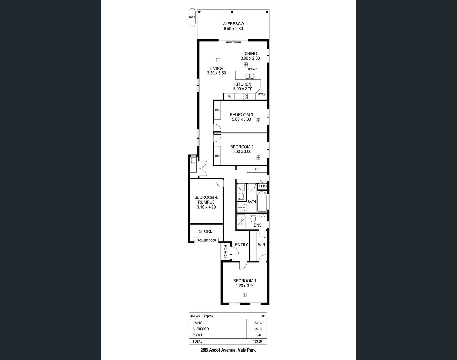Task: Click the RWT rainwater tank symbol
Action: coord(192,17)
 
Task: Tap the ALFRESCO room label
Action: coord(233,24)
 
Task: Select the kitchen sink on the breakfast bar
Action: coord(250,76)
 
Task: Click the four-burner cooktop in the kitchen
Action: coord(244,97)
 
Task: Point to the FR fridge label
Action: coord(229,97)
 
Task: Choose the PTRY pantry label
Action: coord(262,95)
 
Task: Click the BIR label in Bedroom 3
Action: coord(217,110)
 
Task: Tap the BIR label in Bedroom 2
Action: coord(217,156)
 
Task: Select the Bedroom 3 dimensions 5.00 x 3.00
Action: coord(242,119)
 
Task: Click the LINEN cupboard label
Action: coord(263,186)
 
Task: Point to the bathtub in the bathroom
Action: coord(262,202)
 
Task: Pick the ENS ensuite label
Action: coord(258,225)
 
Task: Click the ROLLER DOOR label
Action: coord(207,241)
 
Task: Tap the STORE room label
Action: coord(206,231)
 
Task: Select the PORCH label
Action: coord(226,252)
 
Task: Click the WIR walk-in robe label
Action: coord(261,245)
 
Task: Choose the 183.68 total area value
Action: coord(257,341)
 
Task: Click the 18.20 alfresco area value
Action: coord(258,329)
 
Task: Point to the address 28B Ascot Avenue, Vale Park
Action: coord(228,350)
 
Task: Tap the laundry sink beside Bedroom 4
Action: coord(193,160)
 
